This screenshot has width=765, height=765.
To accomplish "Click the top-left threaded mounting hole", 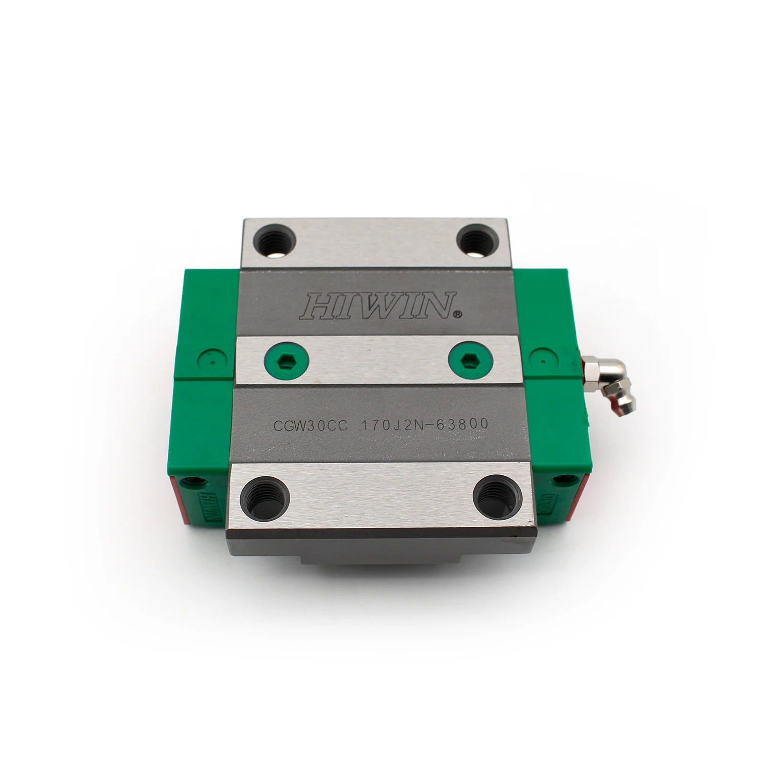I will tap(272, 239).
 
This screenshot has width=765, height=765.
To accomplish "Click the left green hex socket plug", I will tap(287, 359).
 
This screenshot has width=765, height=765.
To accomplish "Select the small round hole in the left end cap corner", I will tap(194, 480).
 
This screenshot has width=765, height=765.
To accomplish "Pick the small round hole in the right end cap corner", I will tap(563, 479).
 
